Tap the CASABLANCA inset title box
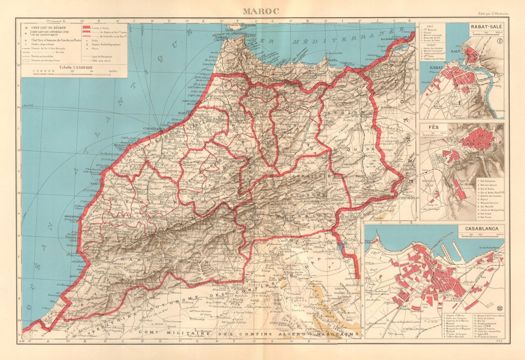[482, 228]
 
